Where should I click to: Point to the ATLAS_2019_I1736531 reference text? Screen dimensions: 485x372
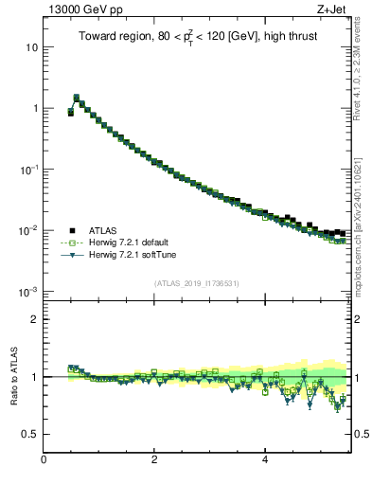197,283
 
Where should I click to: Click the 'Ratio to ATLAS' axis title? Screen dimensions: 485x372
12,377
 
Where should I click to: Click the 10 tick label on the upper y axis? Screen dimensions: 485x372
31,47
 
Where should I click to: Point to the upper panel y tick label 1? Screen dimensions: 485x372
34,108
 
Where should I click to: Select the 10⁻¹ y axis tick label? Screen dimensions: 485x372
28,169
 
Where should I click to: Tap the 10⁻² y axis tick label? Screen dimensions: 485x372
28,230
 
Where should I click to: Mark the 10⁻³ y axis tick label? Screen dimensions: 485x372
28,291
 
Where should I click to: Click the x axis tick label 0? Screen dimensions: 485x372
44,461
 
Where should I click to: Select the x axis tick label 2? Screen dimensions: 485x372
154,461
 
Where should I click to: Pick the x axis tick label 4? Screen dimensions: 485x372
264,461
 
